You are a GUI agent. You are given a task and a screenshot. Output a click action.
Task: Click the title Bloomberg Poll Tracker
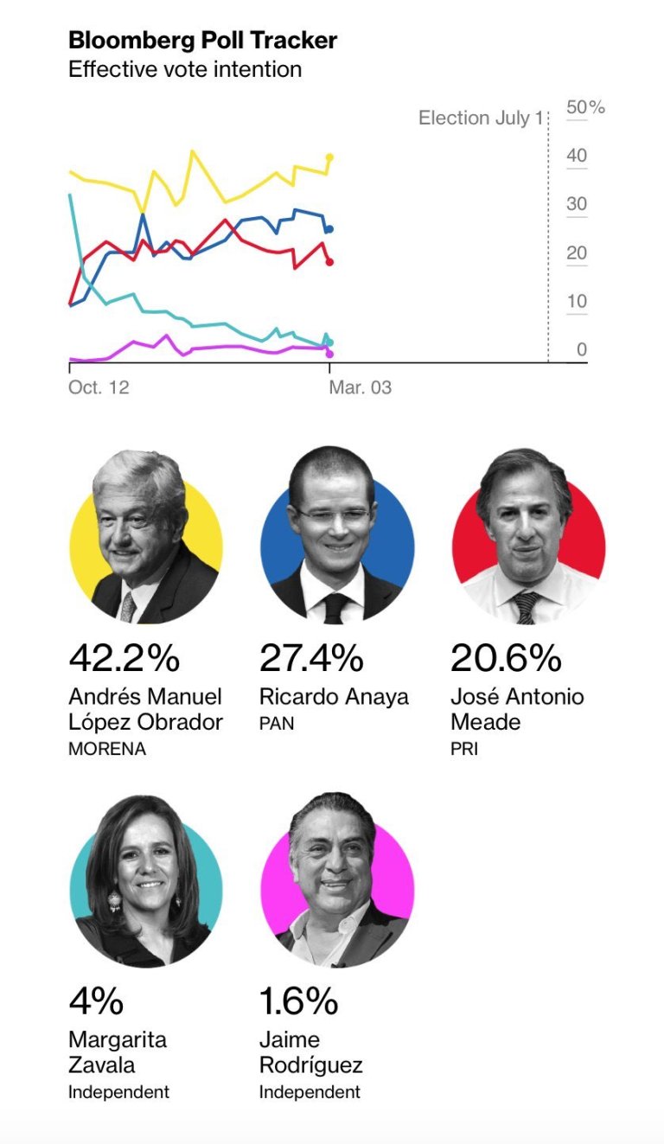[x=202, y=40]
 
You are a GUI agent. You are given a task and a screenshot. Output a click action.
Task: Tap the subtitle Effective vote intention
[x=185, y=69]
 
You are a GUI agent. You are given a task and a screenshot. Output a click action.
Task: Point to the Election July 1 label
[x=480, y=118]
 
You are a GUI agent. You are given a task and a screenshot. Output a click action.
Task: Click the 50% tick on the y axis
[x=584, y=107]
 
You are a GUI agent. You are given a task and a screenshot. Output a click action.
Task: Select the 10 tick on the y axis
[x=576, y=302]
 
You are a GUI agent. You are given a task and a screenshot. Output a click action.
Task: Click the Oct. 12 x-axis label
[x=99, y=387]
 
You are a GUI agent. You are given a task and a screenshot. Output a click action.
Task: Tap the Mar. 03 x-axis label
[x=360, y=387]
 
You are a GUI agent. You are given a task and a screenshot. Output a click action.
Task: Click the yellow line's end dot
[x=329, y=157]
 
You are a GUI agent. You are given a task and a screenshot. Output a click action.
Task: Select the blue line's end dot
[x=329, y=229]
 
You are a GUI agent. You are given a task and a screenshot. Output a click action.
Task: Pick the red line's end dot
[x=329, y=262]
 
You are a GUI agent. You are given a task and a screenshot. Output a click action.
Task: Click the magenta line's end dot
[x=329, y=354]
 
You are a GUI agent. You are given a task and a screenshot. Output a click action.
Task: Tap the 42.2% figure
[x=124, y=659]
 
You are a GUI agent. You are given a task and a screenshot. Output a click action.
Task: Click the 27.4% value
[x=311, y=659]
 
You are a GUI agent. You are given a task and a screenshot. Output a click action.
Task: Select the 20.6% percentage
[x=505, y=659]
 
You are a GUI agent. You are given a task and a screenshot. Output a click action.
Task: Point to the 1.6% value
[x=298, y=1001]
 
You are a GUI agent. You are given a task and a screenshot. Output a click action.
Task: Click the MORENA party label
[x=107, y=750]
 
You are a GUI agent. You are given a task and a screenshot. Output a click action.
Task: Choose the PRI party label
[x=464, y=748]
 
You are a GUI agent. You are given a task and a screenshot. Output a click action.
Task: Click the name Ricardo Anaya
[x=334, y=697]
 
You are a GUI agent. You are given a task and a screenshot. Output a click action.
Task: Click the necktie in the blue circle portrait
[x=335, y=608]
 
